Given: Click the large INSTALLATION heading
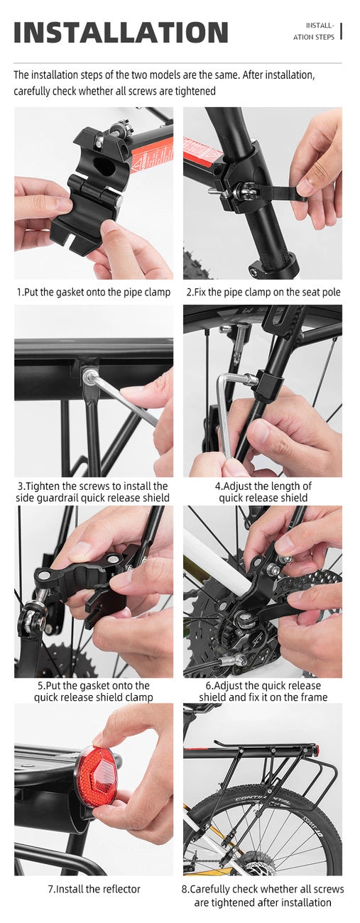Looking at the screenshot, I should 121,33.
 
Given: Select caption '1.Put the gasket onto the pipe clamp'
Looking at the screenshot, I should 94,292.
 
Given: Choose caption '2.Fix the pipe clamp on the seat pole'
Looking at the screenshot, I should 263,292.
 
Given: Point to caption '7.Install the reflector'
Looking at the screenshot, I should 94,889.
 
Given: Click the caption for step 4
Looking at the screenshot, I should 263,492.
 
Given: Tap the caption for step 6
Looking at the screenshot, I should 263,692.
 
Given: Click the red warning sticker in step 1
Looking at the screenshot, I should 151,155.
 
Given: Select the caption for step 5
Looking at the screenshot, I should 94,692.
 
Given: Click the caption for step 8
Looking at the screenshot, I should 263,895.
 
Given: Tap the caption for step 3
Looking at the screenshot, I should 92,492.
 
